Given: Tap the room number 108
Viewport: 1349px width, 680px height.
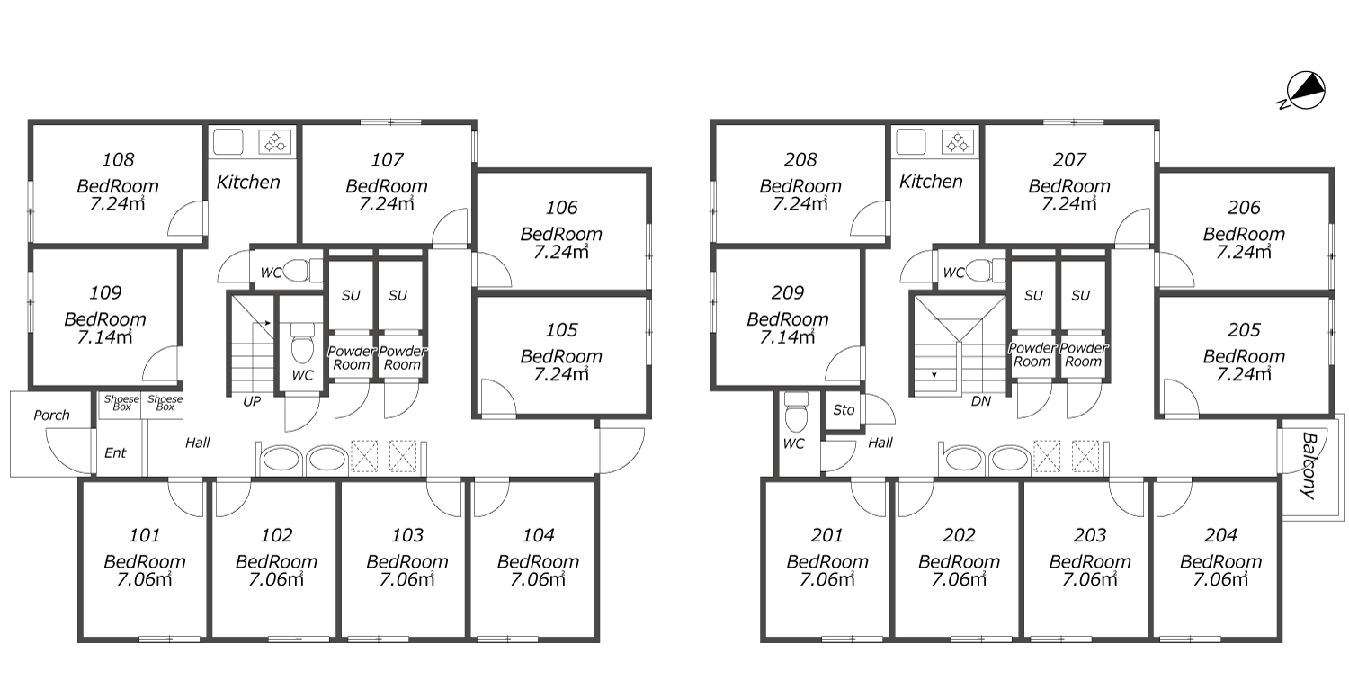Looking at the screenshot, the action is tap(118, 159).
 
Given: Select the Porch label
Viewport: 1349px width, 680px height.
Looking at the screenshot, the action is tap(52, 415).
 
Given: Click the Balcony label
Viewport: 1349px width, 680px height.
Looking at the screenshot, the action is tap(1309, 465).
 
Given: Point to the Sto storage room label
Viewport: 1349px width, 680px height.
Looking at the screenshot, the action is tap(844, 410).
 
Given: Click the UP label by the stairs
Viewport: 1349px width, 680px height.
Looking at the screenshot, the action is tap(252, 401).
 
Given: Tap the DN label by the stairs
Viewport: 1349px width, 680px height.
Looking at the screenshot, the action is tap(981, 401).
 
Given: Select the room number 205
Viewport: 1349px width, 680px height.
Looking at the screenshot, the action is tap(1244, 330).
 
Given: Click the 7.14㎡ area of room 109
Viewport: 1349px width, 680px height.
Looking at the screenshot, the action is tap(105, 336).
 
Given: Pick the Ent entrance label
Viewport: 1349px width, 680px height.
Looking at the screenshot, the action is tap(115, 453).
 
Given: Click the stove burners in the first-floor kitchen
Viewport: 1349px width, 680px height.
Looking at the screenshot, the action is tap(275, 142).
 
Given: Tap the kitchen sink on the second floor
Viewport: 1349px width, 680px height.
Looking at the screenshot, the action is tap(910, 142).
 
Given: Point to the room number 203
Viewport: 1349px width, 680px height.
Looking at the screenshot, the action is tap(1090, 535).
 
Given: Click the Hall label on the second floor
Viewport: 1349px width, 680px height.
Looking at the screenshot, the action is tap(880, 443).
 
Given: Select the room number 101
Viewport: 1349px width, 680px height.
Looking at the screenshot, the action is tap(145, 535).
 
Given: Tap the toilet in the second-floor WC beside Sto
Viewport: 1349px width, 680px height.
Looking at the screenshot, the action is tap(796, 413).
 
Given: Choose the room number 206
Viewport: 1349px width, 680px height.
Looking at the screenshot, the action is tap(1244, 208).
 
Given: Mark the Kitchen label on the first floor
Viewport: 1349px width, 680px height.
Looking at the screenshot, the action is tap(248, 182).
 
